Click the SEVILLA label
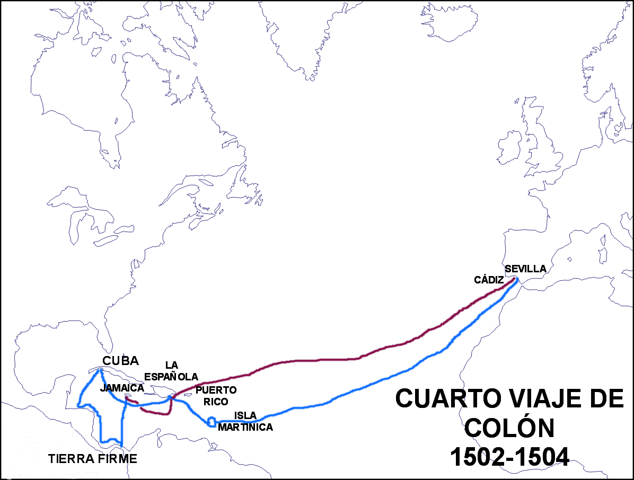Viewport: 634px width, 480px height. tap(525, 269)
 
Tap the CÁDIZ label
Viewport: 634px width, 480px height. tap(488, 280)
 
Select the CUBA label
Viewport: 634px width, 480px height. tap(121, 361)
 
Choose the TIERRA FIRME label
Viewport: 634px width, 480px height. tap(92, 459)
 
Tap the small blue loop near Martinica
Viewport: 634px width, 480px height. tap(212, 422)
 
